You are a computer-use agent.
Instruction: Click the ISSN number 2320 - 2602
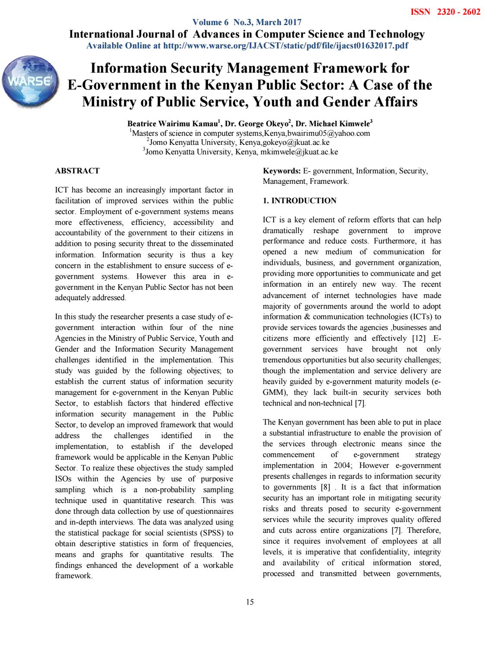tap(445, 12)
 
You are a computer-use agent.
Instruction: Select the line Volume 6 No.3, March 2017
tap(247, 22)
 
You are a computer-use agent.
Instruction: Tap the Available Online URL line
tap(247, 45)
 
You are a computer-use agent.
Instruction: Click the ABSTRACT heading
tap(77, 171)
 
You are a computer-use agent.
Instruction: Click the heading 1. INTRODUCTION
tap(299, 201)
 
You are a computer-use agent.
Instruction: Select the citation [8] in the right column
tap(324, 487)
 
